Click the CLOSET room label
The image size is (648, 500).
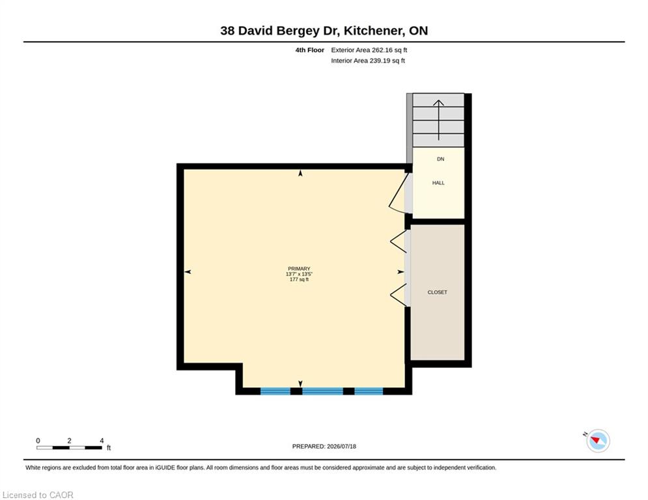point(437,292)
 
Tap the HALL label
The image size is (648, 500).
point(438,183)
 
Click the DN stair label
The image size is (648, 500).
point(440,159)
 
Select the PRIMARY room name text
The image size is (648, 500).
point(299,269)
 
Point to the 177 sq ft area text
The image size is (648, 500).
point(299,279)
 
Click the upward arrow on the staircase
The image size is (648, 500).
point(438,120)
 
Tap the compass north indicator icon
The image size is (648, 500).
point(598,441)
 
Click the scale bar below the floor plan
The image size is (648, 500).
point(70,447)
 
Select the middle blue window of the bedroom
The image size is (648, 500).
point(323,391)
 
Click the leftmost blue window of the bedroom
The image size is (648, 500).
point(275,391)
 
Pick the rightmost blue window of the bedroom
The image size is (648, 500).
point(369,391)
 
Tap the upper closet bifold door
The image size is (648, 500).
point(399,242)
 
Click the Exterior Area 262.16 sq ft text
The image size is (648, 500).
point(369,50)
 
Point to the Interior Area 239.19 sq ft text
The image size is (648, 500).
point(368,61)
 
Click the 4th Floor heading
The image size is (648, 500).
point(309,50)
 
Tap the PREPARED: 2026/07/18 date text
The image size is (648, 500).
point(324,446)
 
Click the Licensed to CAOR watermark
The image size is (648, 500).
point(38,495)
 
